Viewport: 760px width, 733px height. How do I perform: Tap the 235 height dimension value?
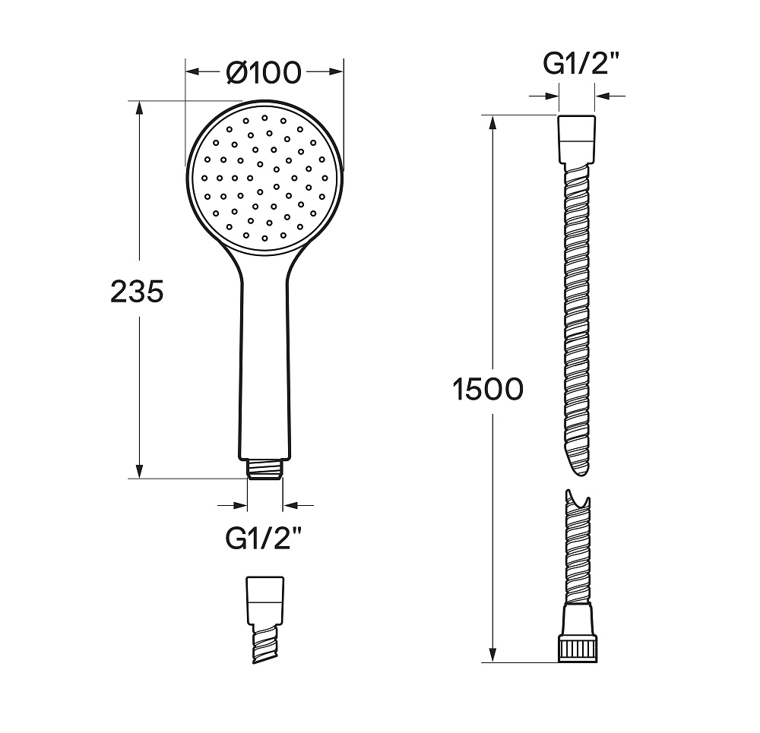tap(137, 292)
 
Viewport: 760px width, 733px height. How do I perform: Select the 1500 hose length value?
tap(488, 389)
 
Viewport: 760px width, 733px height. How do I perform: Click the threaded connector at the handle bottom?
tap(265, 469)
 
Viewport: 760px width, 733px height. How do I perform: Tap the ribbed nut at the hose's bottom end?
tap(578, 648)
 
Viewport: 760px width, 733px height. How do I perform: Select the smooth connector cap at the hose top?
tap(577, 140)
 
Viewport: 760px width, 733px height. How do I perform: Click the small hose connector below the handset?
tap(265, 620)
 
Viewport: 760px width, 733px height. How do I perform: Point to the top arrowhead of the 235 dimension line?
tap(140, 109)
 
